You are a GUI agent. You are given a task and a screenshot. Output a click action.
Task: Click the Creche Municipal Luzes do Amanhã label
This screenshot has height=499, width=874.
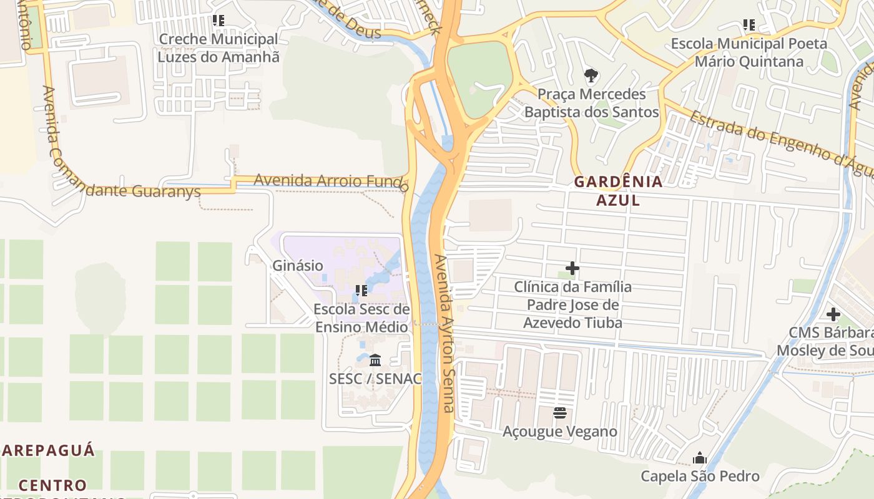(x=218, y=48)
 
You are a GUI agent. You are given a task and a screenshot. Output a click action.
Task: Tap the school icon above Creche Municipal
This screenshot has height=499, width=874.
(x=218, y=21)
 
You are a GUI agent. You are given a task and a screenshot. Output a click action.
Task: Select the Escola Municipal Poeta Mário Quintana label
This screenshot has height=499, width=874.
(x=749, y=52)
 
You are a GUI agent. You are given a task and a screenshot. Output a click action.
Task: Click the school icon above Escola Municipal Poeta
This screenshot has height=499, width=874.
(x=749, y=25)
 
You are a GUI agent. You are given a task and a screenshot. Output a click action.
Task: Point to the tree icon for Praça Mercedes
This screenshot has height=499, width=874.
(x=591, y=76)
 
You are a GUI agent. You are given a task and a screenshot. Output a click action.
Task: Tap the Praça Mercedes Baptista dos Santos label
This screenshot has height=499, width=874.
(x=591, y=103)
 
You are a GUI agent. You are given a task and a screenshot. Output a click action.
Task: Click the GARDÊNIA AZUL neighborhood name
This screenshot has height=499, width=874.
(x=617, y=191)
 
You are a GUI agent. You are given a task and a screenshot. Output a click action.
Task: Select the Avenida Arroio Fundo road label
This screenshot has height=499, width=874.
(x=331, y=182)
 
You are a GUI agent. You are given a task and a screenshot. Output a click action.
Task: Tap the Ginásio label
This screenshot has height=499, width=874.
(x=298, y=265)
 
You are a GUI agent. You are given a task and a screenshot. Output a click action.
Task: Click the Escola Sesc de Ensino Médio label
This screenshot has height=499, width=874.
(x=361, y=318)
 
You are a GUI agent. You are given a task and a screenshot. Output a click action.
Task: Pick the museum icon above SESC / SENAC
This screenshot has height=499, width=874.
(x=375, y=360)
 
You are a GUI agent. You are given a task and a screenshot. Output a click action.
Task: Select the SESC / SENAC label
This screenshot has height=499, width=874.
(x=375, y=378)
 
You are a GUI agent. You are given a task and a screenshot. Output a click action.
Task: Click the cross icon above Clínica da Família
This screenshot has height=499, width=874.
(x=572, y=269)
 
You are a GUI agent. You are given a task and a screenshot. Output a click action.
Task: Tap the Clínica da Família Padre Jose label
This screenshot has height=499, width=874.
(x=572, y=305)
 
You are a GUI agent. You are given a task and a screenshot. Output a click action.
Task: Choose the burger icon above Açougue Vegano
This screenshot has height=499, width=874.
(x=559, y=412)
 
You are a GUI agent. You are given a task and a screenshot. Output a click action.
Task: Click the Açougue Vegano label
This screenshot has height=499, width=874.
(x=560, y=432)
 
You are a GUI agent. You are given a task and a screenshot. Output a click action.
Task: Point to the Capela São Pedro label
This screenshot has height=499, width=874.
(x=700, y=477)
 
